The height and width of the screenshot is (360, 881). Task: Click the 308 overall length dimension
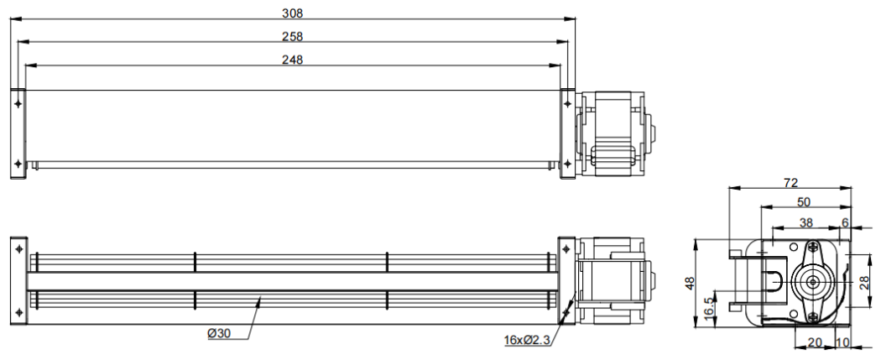[292, 13]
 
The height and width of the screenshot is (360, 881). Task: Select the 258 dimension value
[292, 36]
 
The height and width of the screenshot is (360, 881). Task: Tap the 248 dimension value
[292, 60]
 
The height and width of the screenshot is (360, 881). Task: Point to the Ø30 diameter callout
[220, 334]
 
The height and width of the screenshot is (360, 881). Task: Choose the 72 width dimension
[790, 182]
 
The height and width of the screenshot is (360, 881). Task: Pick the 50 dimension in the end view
[803, 202]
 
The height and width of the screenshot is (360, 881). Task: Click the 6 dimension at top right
[845, 223]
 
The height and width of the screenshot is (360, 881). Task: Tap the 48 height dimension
[690, 284]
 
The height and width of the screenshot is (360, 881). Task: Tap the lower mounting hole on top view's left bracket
[18, 163]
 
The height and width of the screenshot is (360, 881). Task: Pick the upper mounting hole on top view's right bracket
[568, 103]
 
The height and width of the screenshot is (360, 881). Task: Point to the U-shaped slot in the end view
[773, 283]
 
